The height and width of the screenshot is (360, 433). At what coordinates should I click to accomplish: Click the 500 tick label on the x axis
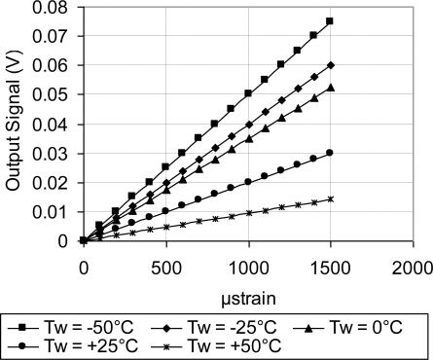pyautogui.click(x=165, y=266)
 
